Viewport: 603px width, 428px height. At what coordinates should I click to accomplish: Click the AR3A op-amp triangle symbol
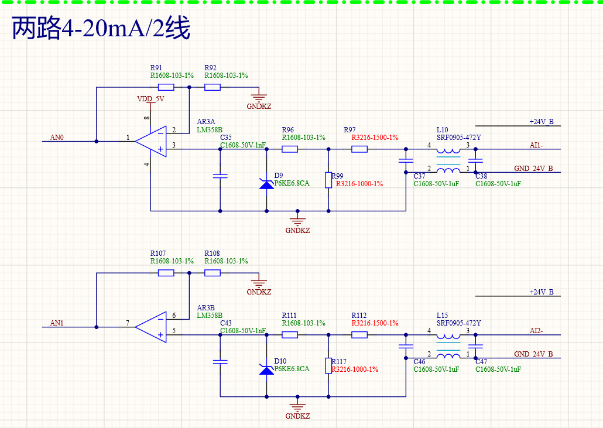tap(151, 142)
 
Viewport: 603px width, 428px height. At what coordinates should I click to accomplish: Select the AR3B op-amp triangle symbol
tap(151, 327)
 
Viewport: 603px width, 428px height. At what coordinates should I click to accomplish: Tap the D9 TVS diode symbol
tap(267, 184)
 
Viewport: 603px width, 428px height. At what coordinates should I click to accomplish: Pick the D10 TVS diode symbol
tap(267, 369)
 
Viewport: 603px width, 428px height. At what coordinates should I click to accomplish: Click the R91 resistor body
tap(166, 87)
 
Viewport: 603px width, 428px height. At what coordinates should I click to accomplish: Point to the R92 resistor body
tap(213, 87)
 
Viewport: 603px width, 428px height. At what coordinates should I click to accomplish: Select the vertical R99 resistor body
tap(328, 180)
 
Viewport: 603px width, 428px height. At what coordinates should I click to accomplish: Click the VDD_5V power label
tap(151, 99)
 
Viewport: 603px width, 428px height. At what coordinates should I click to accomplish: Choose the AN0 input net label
tap(57, 137)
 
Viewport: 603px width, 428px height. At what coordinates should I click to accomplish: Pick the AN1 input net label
tap(57, 323)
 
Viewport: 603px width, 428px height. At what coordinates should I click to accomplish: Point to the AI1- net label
tap(536, 145)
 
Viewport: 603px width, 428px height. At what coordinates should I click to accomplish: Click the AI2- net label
tap(536, 331)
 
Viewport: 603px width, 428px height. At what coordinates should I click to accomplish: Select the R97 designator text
tap(350, 129)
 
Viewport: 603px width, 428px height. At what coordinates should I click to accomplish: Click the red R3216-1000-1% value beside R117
tap(355, 369)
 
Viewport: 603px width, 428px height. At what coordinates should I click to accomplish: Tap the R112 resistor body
tap(359, 335)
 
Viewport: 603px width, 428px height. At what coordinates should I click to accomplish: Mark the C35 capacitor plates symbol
tap(220, 176)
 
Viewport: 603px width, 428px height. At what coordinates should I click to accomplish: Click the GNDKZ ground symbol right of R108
tap(259, 284)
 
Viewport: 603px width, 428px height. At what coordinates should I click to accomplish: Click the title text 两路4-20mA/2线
tap(101, 28)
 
